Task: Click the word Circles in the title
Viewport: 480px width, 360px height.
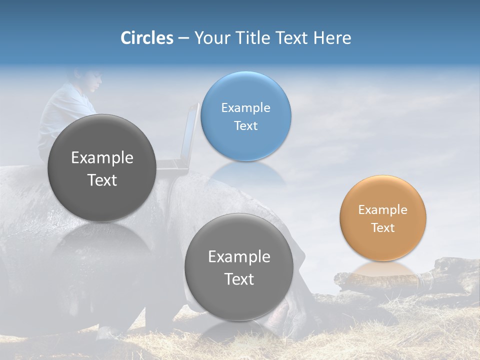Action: [146, 38]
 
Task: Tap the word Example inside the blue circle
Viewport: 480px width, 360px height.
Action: [245, 107]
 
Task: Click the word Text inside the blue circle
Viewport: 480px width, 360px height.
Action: [245, 125]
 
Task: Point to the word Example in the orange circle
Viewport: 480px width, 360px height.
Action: [382, 209]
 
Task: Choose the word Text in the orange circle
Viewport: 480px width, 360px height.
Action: [382, 227]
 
